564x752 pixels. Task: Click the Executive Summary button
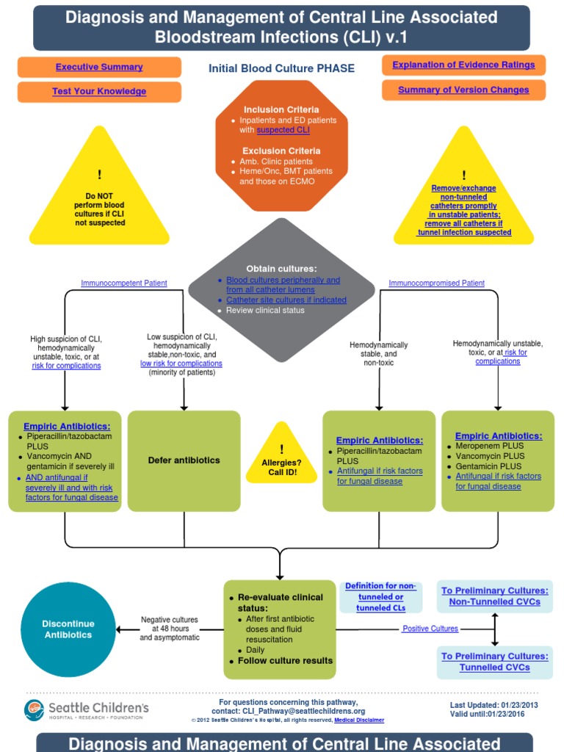click(x=99, y=68)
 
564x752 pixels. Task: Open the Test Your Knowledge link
click(x=99, y=92)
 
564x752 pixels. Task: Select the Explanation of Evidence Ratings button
click(x=463, y=65)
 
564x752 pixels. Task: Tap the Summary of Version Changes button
click(x=463, y=90)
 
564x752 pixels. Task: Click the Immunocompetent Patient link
click(x=123, y=283)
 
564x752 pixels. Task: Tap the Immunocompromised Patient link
click(x=436, y=283)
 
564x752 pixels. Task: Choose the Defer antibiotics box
click(x=184, y=460)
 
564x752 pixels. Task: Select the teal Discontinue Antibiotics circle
click(x=68, y=629)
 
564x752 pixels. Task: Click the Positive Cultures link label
click(x=430, y=629)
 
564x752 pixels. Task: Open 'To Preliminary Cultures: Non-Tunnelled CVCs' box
click(x=494, y=596)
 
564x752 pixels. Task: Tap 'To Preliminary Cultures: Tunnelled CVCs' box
click(x=494, y=662)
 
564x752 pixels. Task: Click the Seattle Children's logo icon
click(x=35, y=709)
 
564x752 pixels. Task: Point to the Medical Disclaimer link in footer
click(x=359, y=720)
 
